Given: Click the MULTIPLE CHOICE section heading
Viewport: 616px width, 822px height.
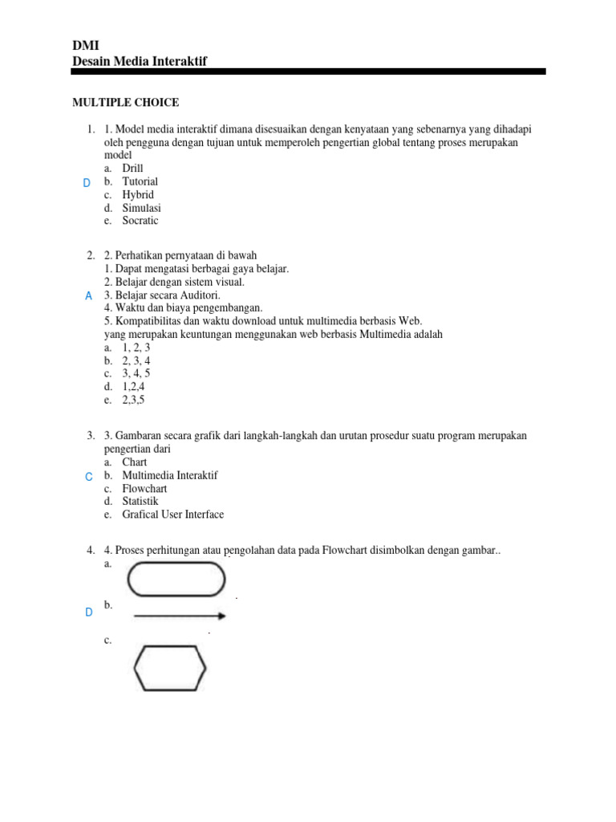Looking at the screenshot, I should [126, 103].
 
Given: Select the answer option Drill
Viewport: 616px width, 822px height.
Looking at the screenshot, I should [133, 169].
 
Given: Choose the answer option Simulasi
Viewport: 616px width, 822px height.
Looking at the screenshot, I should [141, 208].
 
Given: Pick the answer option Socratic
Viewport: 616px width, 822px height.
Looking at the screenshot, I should [140, 221].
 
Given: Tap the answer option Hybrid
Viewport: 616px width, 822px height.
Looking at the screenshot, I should [138, 195].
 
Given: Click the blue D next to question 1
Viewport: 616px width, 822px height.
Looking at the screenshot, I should [87, 184].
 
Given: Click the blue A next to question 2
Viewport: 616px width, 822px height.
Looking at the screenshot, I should [88, 296].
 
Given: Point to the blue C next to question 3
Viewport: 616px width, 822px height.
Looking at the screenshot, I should [88, 477].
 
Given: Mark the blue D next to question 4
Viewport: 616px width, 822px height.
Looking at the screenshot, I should [88, 612].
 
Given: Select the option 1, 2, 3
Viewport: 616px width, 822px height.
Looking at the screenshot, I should [136, 348].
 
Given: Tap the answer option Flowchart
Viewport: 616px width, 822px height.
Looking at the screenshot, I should [144, 488].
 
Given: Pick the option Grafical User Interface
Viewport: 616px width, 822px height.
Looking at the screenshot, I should [172, 515].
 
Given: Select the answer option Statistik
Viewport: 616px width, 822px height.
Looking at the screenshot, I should [141, 502].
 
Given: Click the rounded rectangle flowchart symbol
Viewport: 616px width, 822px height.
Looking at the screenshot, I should [176, 580].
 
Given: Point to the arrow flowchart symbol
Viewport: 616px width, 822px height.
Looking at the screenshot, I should [180, 616].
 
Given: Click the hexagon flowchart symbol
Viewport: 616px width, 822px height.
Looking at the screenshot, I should [169, 669].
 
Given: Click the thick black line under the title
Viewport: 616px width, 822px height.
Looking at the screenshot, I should [308, 72].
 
